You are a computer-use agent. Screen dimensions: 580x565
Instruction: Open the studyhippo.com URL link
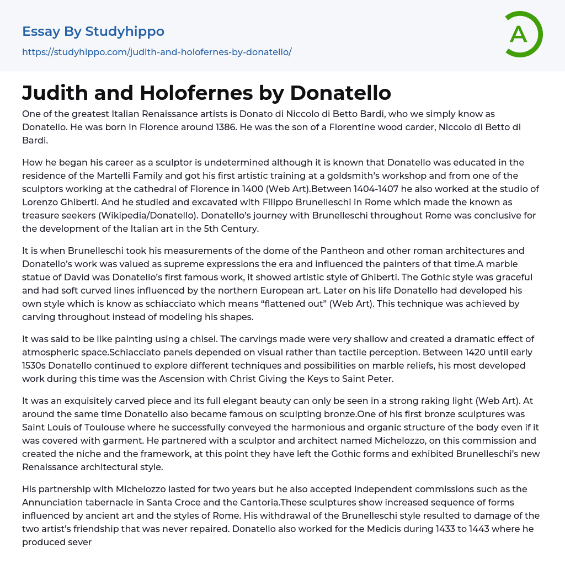(x=157, y=52)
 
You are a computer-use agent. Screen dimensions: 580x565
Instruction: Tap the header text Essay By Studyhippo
(x=93, y=31)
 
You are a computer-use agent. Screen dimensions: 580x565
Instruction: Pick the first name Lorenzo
(x=40, y=202)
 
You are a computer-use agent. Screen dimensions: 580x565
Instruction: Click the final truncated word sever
(x=79, y=542)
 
